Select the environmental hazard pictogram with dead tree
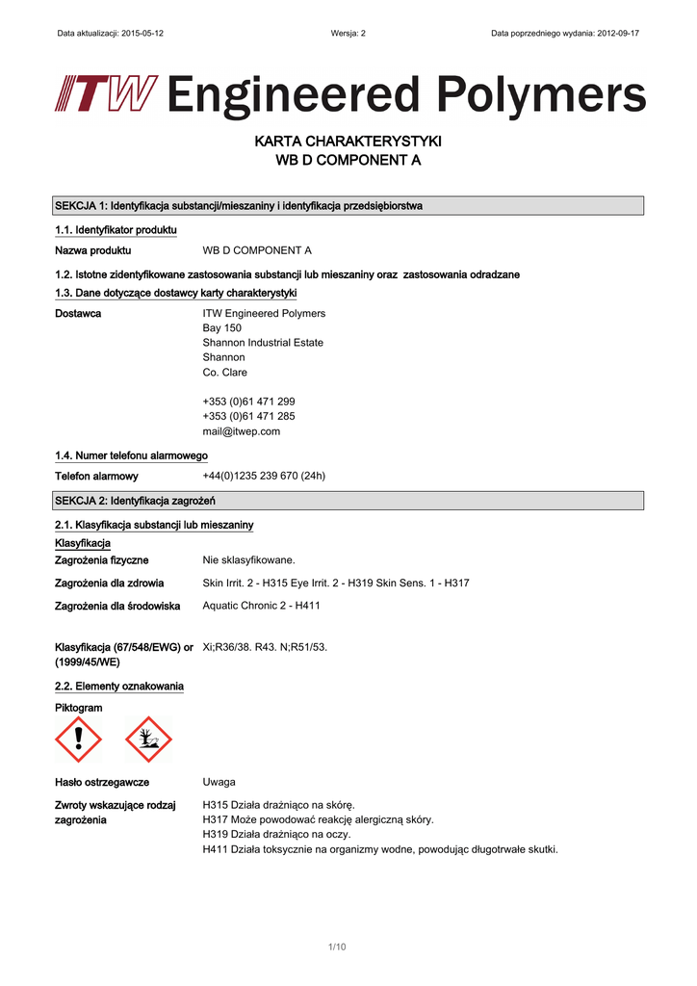point(148,739)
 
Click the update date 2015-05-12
point(140,33)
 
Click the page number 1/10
point(337,947)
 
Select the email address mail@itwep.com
point(242,431)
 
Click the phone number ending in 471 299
point(248,402)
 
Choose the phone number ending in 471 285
point(248,416)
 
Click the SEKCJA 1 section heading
point(239,205)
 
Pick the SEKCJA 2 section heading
point(135,500)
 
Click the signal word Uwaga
point(219,782)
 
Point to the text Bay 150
point(222,327)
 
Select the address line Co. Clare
point(225,372)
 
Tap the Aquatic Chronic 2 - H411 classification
point(262,606)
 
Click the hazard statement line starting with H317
point(318,819)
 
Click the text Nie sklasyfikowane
point(249,559)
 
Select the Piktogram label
point(79,708)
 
